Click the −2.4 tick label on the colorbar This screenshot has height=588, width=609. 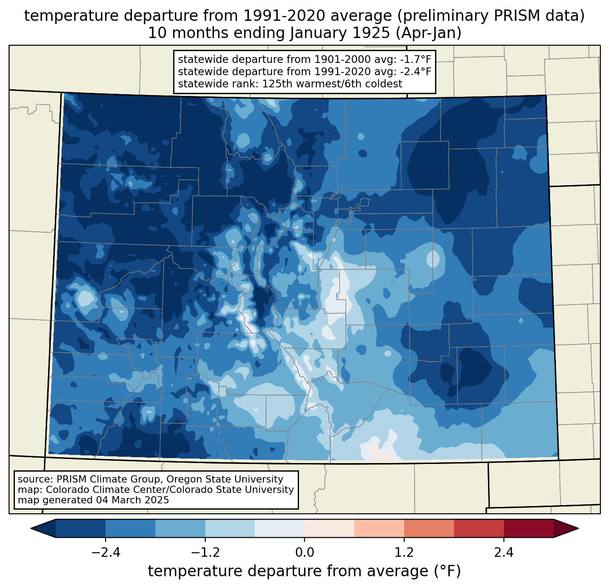click(106, 553)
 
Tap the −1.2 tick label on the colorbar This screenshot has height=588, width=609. click(205, 553)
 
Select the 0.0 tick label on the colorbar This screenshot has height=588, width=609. click(304, 553)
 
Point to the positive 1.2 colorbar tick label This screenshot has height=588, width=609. click(404, 553)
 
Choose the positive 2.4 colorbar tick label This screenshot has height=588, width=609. click(503, 553)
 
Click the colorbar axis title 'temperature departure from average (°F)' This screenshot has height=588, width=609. click(304, 571)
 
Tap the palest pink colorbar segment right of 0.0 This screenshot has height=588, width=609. click(329, 528)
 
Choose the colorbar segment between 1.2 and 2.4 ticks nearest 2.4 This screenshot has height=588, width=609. click(478, 528)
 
